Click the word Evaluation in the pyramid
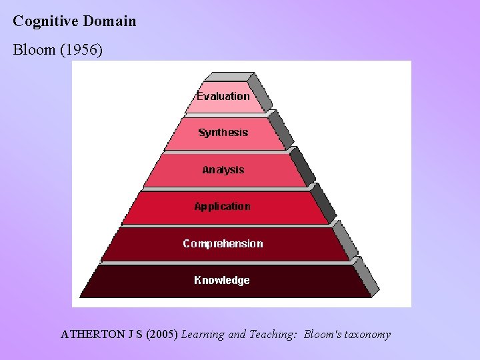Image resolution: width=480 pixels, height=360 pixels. click(x=223, y=96)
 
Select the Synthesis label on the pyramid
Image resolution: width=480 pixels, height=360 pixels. click(x=223, y=133)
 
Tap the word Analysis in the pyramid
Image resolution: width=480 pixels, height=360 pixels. click(x=223, y=170)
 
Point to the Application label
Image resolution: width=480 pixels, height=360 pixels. click(x=222, y=207)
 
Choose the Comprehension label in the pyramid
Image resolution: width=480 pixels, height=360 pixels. click(x=223, y=244)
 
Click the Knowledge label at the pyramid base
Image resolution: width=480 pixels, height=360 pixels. click(x=222, y=281)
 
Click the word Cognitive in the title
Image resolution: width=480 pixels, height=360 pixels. click(x=45, y=21)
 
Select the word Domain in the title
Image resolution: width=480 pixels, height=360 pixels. click(x=109, y=21)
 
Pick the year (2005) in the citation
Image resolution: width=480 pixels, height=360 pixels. click(x=160, y=334)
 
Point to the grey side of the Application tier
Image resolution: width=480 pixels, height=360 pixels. click(x=324, y=203)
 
